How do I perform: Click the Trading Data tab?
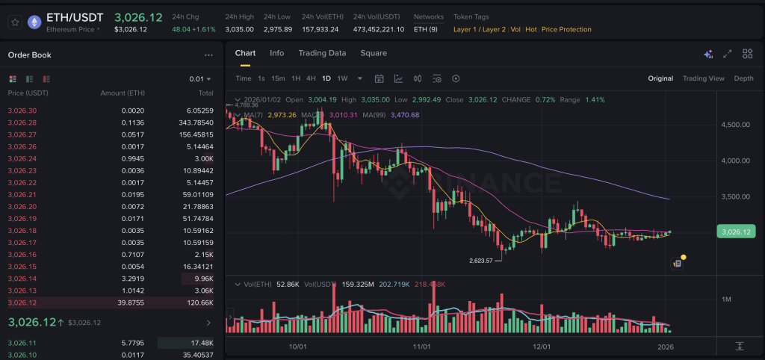click(322, 53)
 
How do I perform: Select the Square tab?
click(374, 53)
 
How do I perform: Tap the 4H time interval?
click(311, 78)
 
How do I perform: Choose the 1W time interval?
click(342, 78)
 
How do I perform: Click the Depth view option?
click(743, 78)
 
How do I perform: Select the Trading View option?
click(704, 78)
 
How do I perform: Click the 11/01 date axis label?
click(421, 347)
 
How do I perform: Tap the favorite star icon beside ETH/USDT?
click(14, 22)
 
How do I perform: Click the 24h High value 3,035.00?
click(239, 29)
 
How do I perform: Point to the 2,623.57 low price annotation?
click(481, 261)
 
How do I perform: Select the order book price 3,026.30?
click(22, 111)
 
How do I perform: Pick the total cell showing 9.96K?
click(203, 279)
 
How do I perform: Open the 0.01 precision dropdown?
click(199, 78)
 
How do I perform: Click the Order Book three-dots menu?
click(208, 55)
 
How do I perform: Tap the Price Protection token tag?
click(566, 29)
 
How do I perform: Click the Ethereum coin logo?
click(34, 22)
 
